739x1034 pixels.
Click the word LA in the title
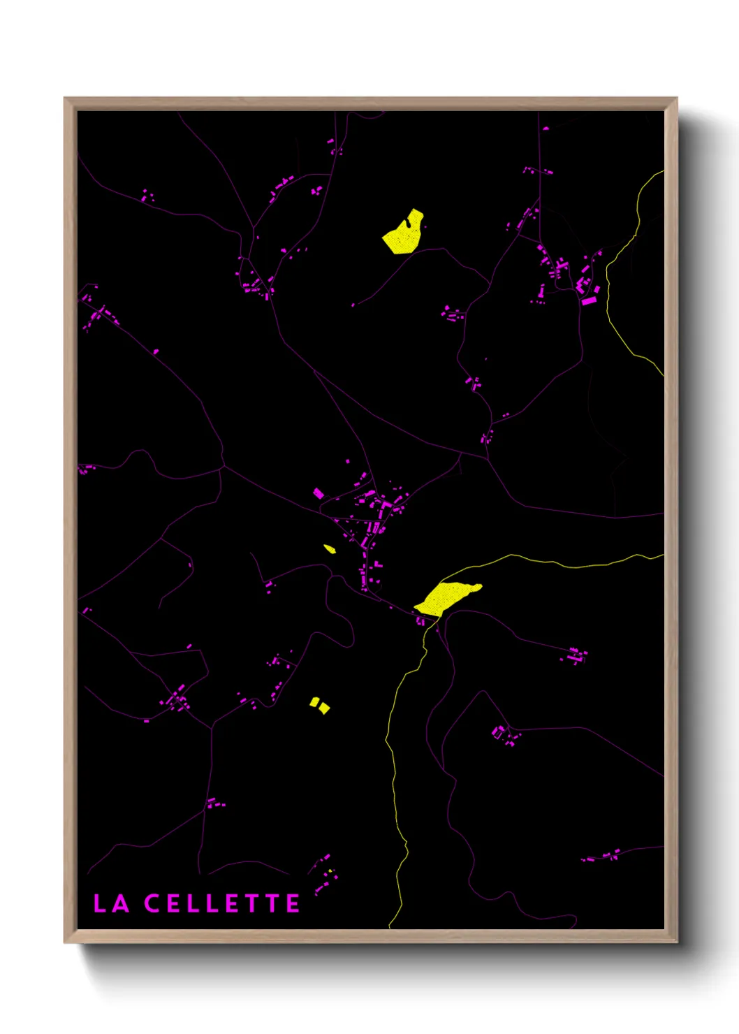111,903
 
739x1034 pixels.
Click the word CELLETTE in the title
222,903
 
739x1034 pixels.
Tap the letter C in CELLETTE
152,903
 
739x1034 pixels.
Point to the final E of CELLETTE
293,903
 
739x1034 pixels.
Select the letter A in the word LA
120,903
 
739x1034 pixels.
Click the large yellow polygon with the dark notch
402,236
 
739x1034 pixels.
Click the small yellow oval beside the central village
330,549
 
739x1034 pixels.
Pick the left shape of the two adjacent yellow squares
315,701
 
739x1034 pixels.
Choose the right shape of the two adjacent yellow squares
324,708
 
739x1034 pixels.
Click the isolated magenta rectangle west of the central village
319,493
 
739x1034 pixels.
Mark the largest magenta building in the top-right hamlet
590,301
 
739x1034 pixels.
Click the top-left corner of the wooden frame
65,99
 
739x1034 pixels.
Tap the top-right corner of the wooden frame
676,99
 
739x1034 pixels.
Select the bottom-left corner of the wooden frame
65,942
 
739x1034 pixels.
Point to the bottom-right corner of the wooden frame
676,942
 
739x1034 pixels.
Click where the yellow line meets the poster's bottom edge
390,928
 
